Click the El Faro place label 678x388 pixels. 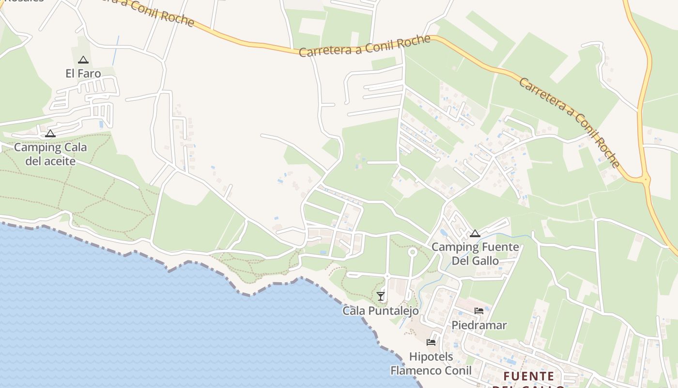click(83, 74)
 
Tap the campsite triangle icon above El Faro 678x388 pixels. click(83, 60)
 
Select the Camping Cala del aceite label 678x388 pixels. click(50, 154)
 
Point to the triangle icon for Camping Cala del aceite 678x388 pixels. click(50, 134)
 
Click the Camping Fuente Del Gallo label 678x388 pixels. click(475, 254)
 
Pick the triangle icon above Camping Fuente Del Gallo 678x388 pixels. click(475, 234)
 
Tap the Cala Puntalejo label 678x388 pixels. click(381, 310)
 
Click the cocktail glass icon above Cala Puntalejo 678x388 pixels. click(381, 296)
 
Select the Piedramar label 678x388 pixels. click(479, 325)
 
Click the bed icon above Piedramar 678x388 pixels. click(479, 311)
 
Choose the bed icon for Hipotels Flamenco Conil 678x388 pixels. click(431, 342)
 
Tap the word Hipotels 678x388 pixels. click(431, 357)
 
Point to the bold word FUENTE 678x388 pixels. click(528, 376)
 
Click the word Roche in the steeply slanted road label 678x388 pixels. click(607, 151)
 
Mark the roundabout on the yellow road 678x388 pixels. click(645, 179)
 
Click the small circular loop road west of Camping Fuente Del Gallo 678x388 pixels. click(413, 252)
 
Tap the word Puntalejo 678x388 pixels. click(394, 310)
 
